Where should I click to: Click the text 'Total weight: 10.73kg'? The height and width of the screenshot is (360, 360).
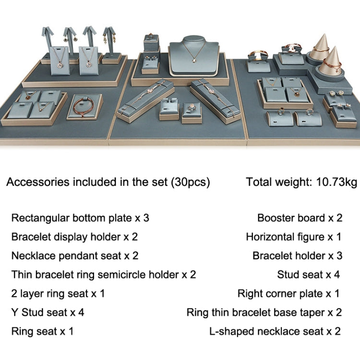tap(301, 182)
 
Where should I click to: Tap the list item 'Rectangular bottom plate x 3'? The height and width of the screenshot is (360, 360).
tap(80, 218)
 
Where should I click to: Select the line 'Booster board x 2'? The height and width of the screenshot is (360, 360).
tap(300, 218)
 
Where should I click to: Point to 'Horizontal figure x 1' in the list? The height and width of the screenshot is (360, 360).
tap(294, 237)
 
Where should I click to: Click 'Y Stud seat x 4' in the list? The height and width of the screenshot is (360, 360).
tap(48, 312)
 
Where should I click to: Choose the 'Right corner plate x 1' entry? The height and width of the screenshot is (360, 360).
tap(288, 294)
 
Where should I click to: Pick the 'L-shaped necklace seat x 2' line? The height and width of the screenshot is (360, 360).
tap(275, 331)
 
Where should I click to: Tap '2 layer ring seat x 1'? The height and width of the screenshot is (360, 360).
tap(58, 294)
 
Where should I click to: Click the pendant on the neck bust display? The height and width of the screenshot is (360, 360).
tap(194, 60)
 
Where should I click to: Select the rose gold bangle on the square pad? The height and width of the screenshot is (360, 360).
tap(84, 107)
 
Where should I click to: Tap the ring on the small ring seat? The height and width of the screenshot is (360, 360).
tap(191, 107)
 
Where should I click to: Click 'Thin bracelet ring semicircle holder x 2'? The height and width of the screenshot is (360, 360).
tap(104, 275)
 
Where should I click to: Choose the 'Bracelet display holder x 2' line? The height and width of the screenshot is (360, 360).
tap(74, 237)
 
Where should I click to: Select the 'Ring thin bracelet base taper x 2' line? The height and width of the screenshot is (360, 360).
tap(264, 312)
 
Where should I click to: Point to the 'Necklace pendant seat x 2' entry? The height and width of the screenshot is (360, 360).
tap(75, 256)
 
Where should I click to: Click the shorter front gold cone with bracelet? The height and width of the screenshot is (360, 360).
tap(331, 61)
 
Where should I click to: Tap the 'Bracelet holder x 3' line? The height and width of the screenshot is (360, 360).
tap(297, 256)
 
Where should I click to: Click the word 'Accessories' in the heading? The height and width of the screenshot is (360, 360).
tap(38, 182)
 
